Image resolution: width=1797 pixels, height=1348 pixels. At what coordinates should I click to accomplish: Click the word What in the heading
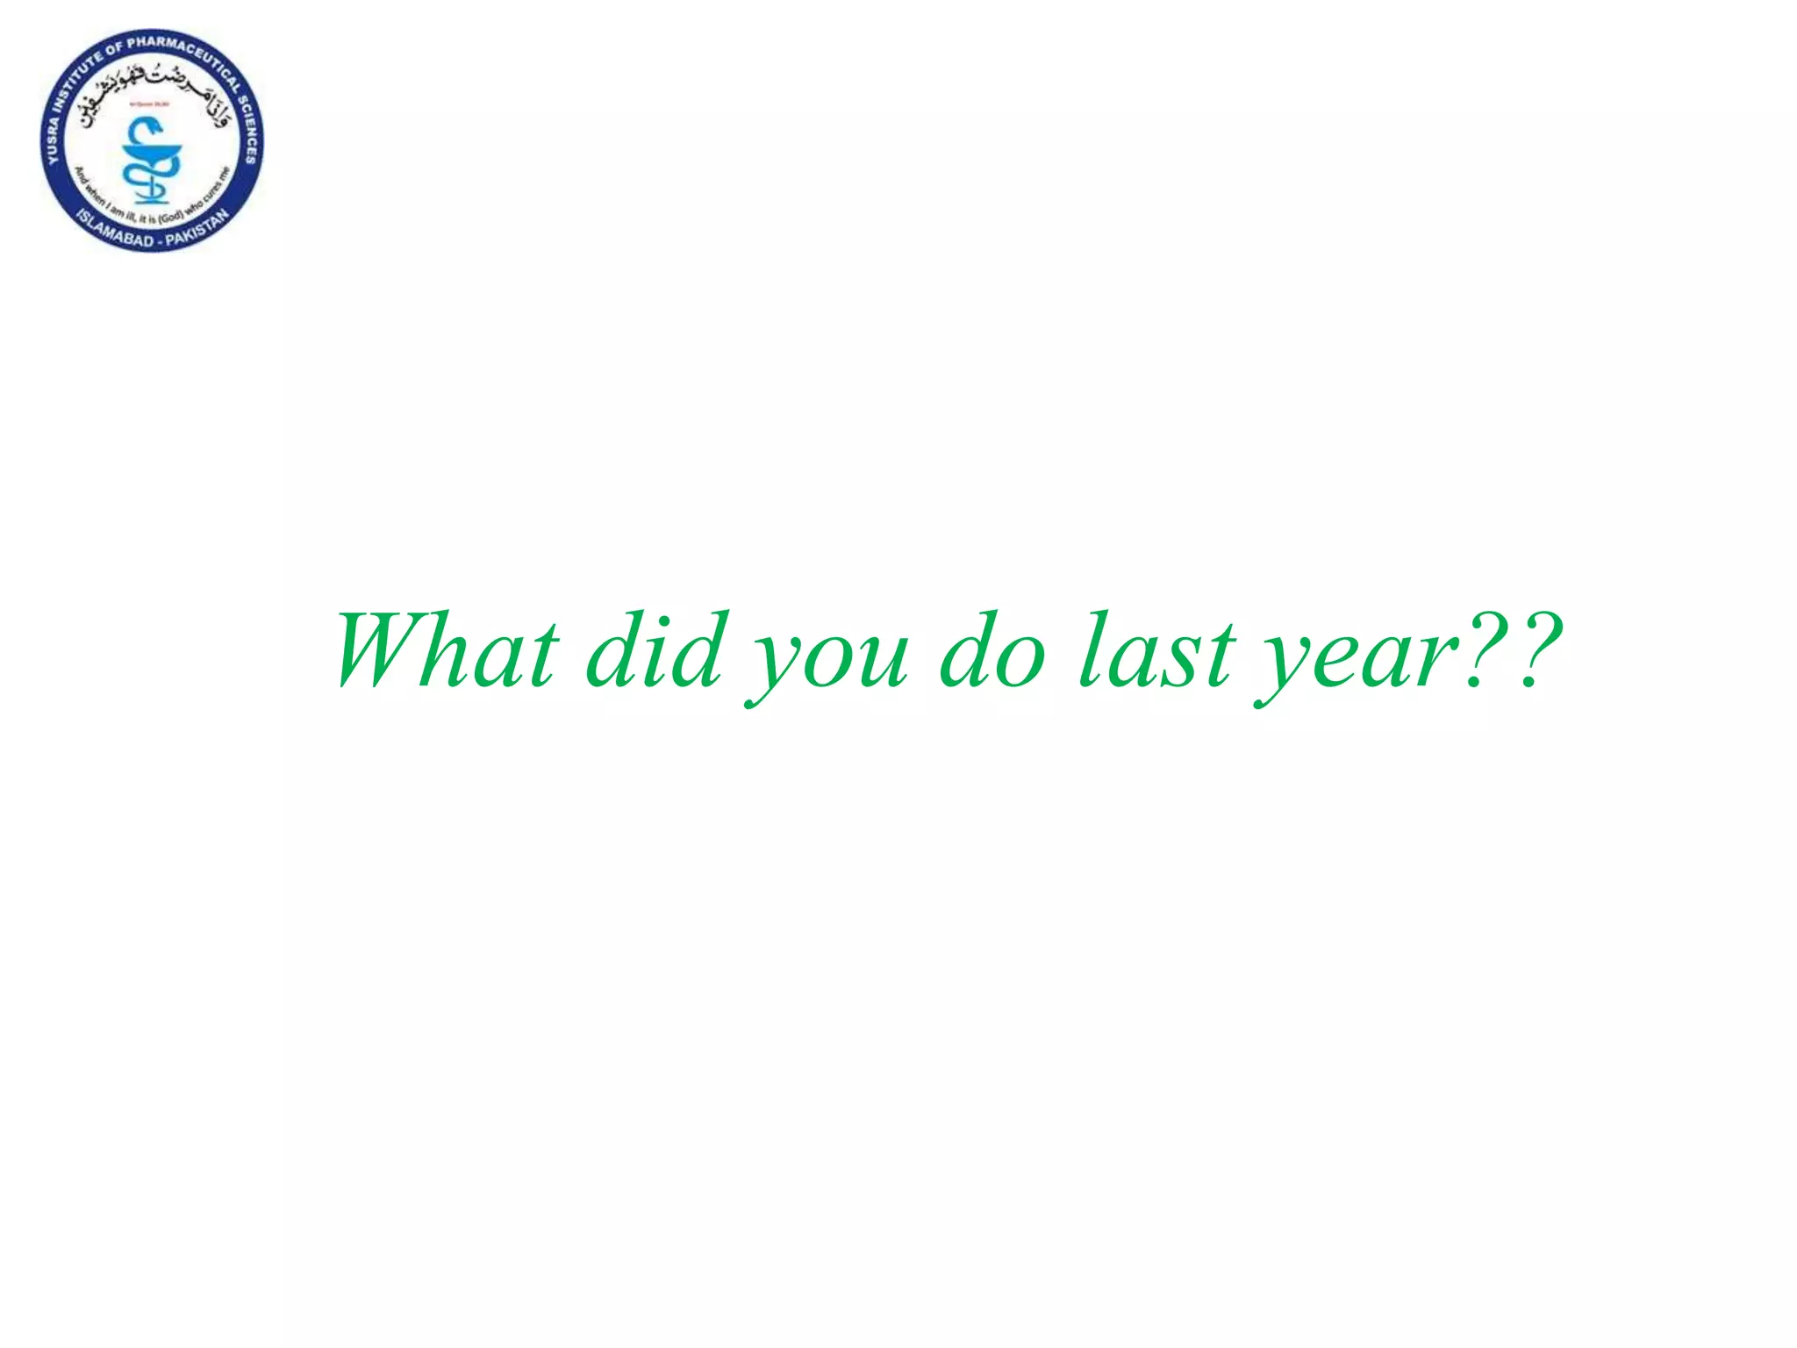click(446, 651)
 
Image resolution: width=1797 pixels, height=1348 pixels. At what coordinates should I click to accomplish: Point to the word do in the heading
click(992, 651)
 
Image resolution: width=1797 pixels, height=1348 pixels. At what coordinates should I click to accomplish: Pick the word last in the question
click(1156, 651)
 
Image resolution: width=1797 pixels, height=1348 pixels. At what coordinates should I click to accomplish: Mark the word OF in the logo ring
click(116, 49)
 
